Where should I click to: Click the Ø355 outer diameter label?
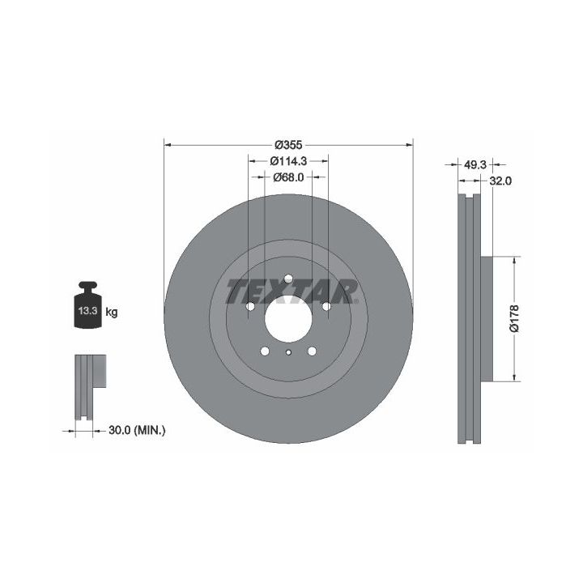coord(288,144)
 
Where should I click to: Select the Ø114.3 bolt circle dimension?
coord(288,161)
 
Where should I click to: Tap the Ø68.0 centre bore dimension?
coord(288,177)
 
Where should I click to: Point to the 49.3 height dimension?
coord(474,164)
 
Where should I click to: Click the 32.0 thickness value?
coord(500,181)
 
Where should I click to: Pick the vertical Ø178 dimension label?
coord(514,319)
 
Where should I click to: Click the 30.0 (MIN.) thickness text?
coord(137,431)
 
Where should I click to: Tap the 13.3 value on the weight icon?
coord(87,311)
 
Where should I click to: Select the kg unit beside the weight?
coord(112,312)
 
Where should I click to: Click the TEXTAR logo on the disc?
coord(291,291)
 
